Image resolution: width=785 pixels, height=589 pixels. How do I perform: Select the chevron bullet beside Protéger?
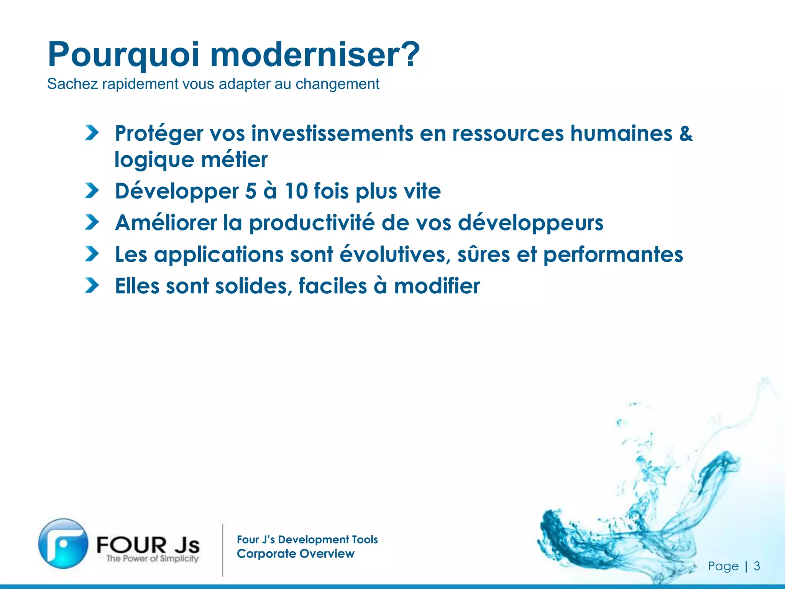tap(92, 133)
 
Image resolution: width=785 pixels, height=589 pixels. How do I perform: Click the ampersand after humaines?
tap(686, 133)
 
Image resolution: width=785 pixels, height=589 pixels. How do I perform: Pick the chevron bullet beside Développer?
tap(92, 191)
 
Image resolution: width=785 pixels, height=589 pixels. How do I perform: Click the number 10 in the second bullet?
tap(296, 191)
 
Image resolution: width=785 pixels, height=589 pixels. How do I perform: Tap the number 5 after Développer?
tap(250, 191)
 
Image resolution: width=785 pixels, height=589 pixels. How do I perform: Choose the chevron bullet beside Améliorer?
tap(92, 222)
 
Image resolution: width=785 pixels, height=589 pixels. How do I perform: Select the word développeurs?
tap(531, 223)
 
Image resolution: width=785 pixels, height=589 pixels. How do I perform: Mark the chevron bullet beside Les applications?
tap(92, 254)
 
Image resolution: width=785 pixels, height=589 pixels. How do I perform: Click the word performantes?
tap(613, 255)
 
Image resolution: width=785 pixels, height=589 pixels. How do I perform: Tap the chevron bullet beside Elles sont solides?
tap(92, 285)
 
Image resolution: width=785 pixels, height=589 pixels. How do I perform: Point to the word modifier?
tap(437, 286)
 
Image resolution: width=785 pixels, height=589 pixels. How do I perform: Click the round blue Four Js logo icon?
tap(63, 543)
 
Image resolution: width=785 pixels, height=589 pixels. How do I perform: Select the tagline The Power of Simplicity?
tap(152, 558)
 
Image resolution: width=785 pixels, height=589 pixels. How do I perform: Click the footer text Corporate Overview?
tap(296, 554)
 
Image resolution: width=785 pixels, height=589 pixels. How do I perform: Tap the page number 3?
tap(757, 566)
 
